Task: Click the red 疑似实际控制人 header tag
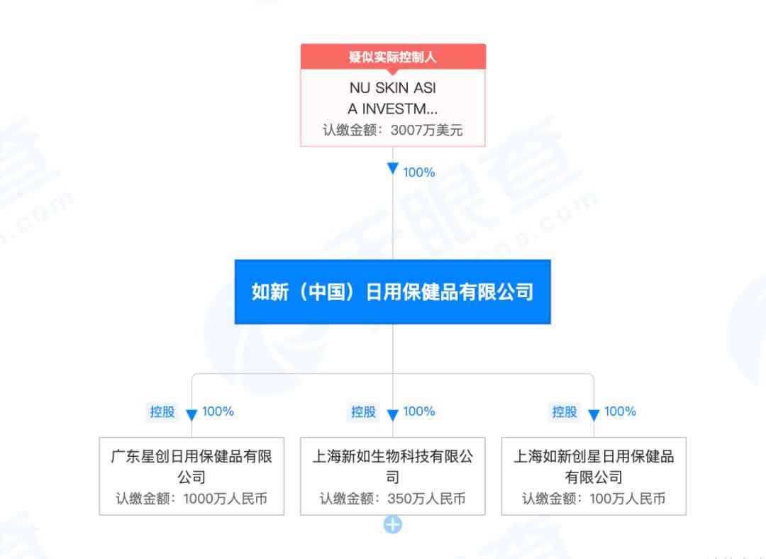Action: coord(393,57)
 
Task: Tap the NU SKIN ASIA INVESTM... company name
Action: coord(393,98)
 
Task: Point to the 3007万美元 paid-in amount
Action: coord(426,131)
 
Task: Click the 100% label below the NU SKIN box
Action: coord(419,172)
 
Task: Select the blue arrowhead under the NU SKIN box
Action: coord(393,169)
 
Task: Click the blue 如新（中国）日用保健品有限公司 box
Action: coord(393,292)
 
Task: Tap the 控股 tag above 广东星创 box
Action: coord(162,412)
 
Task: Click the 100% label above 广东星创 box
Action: coord(218,411)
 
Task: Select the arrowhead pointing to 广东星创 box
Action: coord(191,415)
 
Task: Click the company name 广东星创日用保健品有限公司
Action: coord(191,467)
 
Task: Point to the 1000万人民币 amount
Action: coord(226,499)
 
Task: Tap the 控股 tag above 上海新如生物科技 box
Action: coord(363,412)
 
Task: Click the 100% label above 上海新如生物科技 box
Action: coord(419,411)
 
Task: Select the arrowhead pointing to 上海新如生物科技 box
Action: coord(393,415)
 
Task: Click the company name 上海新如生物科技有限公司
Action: coord(393,467)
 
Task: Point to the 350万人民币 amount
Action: coord(426,499)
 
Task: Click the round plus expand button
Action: coord(393,525)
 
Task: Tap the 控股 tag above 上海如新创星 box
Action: coord(565,412)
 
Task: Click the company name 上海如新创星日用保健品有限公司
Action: coord(594,467)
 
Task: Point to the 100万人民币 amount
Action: coord(628,499)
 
